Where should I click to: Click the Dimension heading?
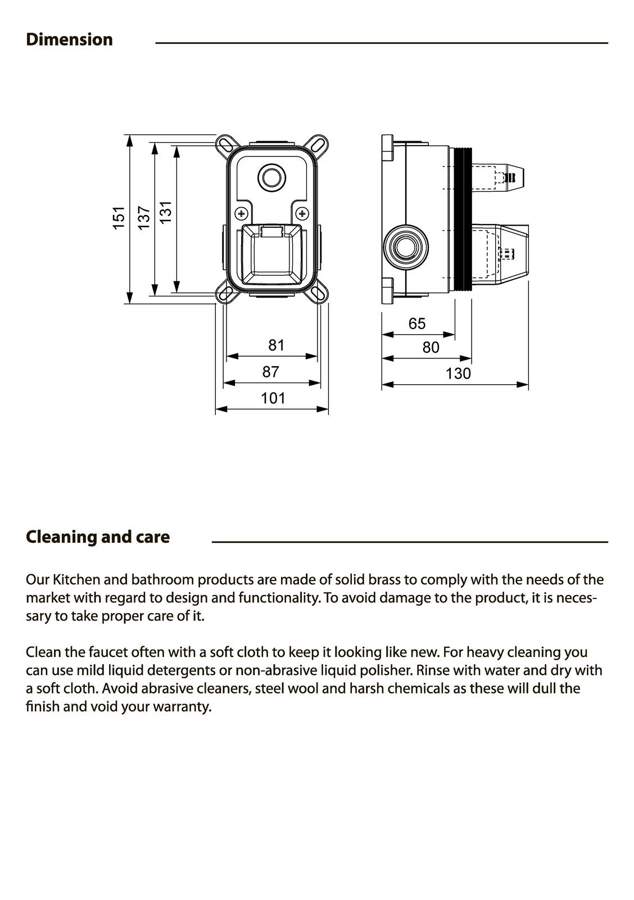[x=69, y=39]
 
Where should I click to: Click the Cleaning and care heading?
[x=98, y=537]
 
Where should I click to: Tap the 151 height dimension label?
[x=119, y=218]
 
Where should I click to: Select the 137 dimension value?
[x=144, y=218]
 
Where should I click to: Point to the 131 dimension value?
[x=165, y=213]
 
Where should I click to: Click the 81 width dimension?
[x=276, y=345]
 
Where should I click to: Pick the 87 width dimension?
[x=271, y=372]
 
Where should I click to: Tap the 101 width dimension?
[x=273, y=398]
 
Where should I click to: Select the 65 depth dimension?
[x=417, y=323]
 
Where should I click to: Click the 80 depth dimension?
[x=431, y=348]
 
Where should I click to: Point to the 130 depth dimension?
[x=458, y=373]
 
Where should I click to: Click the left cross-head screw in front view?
[x=242, y=214]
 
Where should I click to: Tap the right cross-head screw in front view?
[x=302, y=214]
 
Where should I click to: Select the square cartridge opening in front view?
[x=272, y=256]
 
